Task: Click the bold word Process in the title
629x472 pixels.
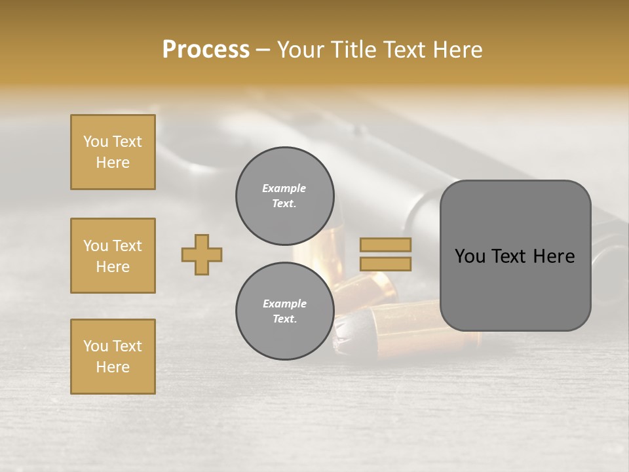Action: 206,50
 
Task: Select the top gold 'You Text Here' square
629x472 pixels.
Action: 113,152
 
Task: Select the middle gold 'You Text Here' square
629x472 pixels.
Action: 113,256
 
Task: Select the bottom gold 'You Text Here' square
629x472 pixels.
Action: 113,357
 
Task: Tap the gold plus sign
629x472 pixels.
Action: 202,254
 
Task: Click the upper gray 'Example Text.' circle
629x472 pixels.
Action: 284,195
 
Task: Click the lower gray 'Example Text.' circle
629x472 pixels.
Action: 284,311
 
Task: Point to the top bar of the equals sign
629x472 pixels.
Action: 385,245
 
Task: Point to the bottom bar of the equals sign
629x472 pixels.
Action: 385,264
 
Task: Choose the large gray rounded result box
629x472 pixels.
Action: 515,256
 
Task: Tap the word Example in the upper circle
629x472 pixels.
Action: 284,188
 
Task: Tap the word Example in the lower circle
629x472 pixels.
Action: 284,304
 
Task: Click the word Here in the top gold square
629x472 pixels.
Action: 113,163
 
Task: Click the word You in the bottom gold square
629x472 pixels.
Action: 96,346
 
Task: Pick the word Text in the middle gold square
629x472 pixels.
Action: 126,246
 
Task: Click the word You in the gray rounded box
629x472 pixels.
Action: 469,256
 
